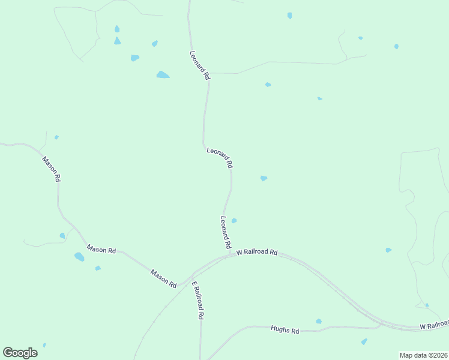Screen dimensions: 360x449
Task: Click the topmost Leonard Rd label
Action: (200, 65)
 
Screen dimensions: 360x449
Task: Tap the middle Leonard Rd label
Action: (220, 158)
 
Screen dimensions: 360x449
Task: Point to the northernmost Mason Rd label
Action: (52, 169)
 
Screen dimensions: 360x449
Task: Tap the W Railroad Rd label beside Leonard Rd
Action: (257, 253)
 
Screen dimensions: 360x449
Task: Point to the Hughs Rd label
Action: (285, 329)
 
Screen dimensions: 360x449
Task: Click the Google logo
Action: (20, 352)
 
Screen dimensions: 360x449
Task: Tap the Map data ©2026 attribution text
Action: (423, 355)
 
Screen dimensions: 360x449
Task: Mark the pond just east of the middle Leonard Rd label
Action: (264, 178)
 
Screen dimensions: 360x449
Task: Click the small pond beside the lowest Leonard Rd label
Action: (234, 221)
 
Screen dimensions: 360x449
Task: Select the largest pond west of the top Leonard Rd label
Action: (163, 75)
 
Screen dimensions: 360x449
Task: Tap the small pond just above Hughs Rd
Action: (319, 322)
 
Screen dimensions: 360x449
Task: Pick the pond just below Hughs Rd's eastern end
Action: (364, 341)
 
